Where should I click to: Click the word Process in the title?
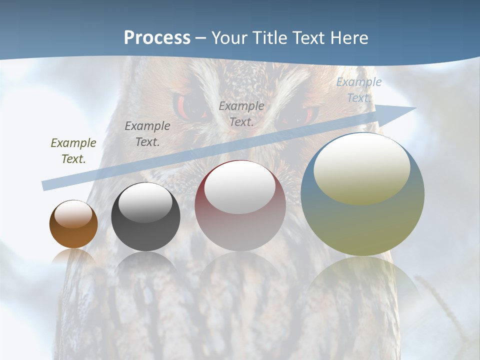pos(157,38)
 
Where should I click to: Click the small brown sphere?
pos(73,224)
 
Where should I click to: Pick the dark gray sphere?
pos(145,217)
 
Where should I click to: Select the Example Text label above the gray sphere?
pos(147,134)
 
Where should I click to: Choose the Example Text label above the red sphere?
pos(241,114)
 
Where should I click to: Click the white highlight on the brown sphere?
pos(73,214)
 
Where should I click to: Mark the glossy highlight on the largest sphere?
pos(362,169)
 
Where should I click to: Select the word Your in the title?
pos(228,38)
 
